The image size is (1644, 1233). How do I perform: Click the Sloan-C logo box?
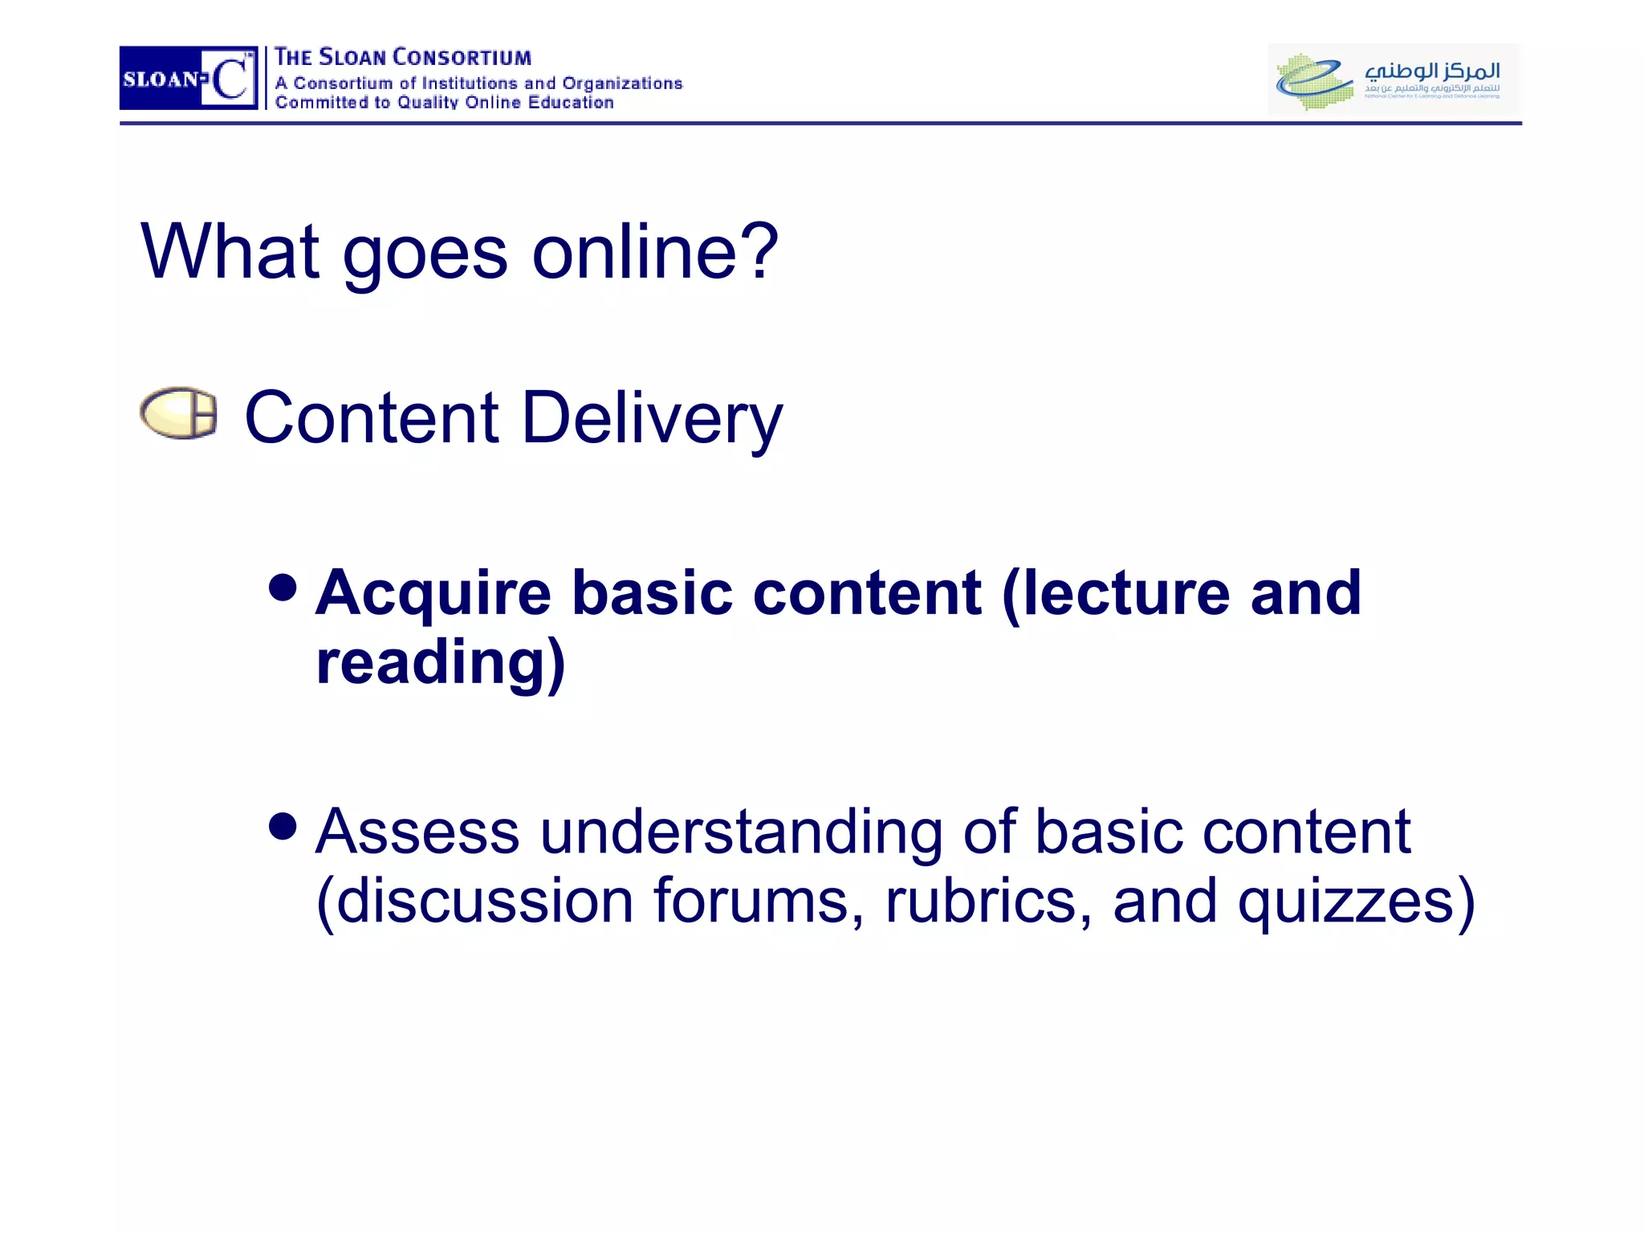pyautogui.click(x=189, y=78)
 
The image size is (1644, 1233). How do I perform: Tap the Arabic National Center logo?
pyautogui.click(x=1393, y=79)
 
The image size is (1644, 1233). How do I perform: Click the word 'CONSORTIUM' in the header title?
pyautogui.click(x=462, y=58)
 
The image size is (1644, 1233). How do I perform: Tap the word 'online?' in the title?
pyautogui.click(x=655, y=252)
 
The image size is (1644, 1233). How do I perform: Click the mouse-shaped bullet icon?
pyautogui.click(x=178, y=413)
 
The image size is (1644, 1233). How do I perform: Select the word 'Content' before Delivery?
pyautogui.click(x=372, y=417)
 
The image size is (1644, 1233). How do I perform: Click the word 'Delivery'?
pyautogui.click(x=652, y=419)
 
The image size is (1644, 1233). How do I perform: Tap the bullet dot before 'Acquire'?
pyautogui.click(x=283, y=588)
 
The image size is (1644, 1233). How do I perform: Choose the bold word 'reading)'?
pyautogui.click(x=441, y=663)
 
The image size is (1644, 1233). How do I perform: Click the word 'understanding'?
pyautogui.click(x=741, y=832)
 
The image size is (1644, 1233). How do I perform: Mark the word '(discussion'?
pyautogui.click(x=474, y=901)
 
